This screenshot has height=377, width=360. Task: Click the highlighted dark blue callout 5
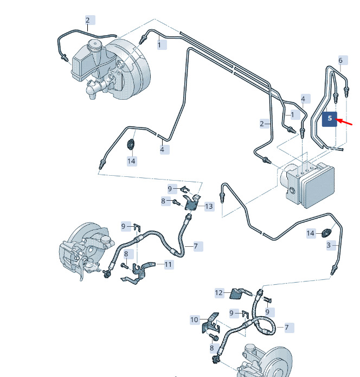pos(330,119)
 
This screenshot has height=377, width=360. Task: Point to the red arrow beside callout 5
pos(344,122)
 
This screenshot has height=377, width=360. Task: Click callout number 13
pos(209,206)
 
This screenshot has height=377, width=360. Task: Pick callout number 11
pos(169,265)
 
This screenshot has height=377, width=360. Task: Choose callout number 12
pos(219,293)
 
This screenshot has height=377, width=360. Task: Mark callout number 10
pos(195,320)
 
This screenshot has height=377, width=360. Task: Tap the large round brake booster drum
pos(130,69)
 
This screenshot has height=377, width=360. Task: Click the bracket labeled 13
pos(192,203)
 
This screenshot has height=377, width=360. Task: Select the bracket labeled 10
pos(211,323)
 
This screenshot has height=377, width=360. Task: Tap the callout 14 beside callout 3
pos(311,233)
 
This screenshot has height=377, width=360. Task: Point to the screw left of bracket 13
pos(176,202)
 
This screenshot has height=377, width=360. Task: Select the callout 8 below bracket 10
pos(211,348)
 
